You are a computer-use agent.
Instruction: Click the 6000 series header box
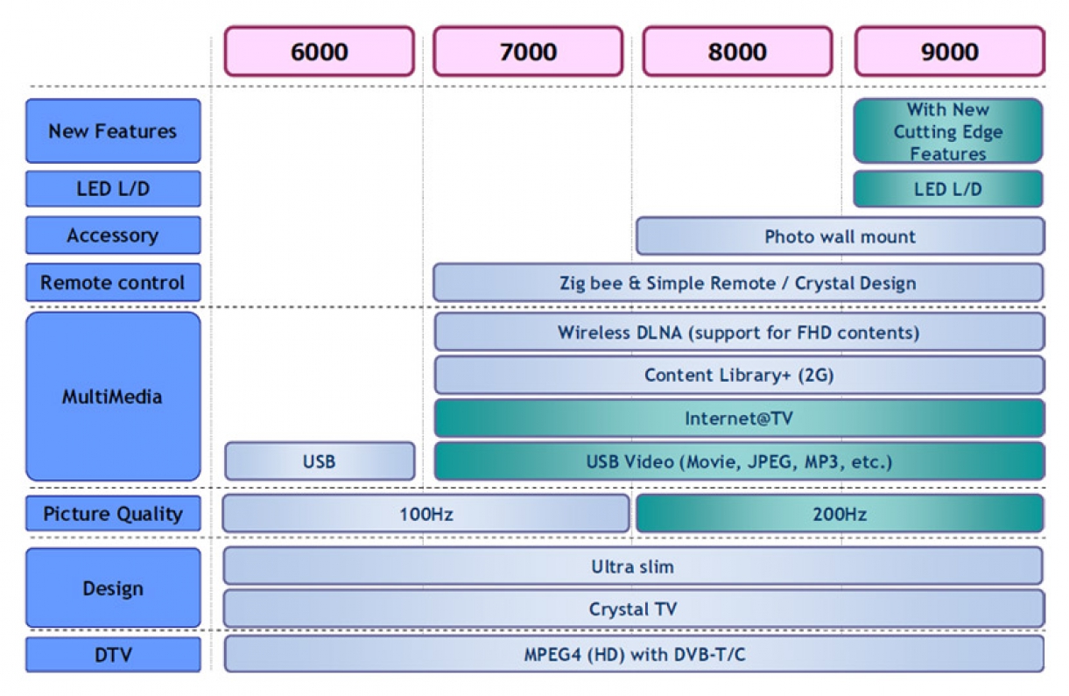click(x=319, y=52)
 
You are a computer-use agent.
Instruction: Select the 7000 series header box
click(x=528, y=52)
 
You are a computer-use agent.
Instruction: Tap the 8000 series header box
click(x=737, y=52)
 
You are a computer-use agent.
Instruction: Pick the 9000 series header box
click(x=949, y=52)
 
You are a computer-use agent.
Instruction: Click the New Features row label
click(x=113, y=131)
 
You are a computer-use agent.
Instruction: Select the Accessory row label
click(x=113, y=236)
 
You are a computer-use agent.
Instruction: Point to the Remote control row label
click(x=113, y=283)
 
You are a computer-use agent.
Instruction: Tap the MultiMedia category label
click(x=113, y=397)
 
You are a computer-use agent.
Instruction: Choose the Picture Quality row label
click(x=113, y=514)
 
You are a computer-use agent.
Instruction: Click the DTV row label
click(x=113, y=654)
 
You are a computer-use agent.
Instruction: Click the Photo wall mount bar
click(x=840, y=236)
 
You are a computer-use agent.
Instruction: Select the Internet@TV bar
click(x=739, y=418)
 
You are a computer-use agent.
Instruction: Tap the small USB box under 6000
click(x=319, y=461)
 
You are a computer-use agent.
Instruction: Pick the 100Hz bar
click(x=425, y=514)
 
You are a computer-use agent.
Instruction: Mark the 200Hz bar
click(x=840, y=514)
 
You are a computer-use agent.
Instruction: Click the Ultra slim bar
click(x=632, y=566)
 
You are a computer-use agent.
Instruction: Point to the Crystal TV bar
click(x=632, y=609)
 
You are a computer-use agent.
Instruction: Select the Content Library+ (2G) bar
click(x=739, y=376)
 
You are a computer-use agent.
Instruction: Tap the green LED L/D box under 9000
click(x=948, y=189)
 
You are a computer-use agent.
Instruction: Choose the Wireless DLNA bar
click(x=739, y=333)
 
